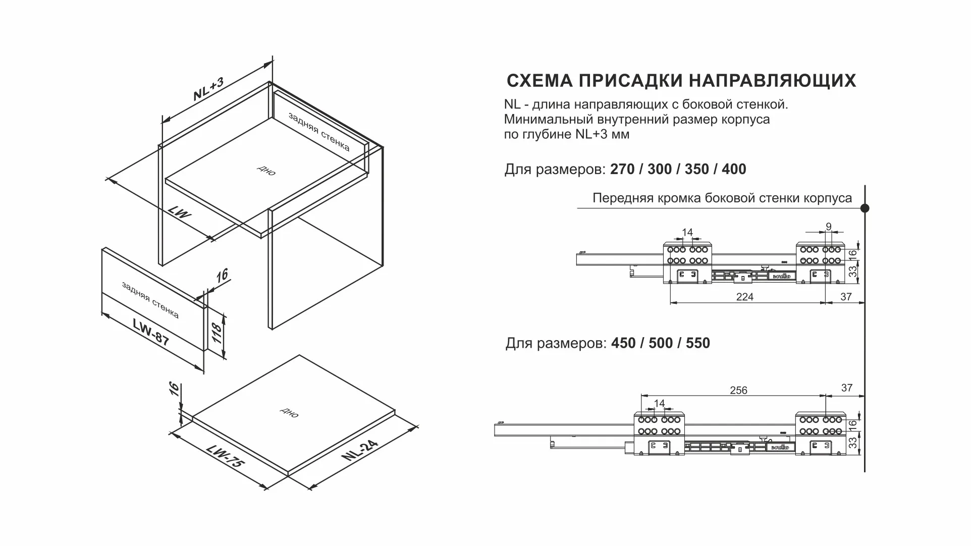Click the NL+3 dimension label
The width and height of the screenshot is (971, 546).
(208, 89)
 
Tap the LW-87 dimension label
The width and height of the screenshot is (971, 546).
(151, 332)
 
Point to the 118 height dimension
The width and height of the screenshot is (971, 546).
(216, 334)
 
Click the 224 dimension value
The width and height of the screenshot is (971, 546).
(744, 297)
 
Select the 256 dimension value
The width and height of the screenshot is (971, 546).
(738, 390)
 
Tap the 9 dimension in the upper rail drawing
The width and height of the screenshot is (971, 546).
(828, 227)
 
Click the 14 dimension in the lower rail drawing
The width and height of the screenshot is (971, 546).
(659, 403)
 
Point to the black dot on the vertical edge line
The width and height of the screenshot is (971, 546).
(865, 208)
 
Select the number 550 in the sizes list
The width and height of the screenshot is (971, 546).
(698, 343)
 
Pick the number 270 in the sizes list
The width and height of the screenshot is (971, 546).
(622, 169)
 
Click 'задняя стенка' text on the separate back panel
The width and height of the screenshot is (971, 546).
(150, 300)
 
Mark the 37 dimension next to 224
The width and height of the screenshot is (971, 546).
(846, 297)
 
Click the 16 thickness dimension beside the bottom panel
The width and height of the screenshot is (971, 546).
(174, 389)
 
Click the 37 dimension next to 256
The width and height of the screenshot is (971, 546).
(847, 388)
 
